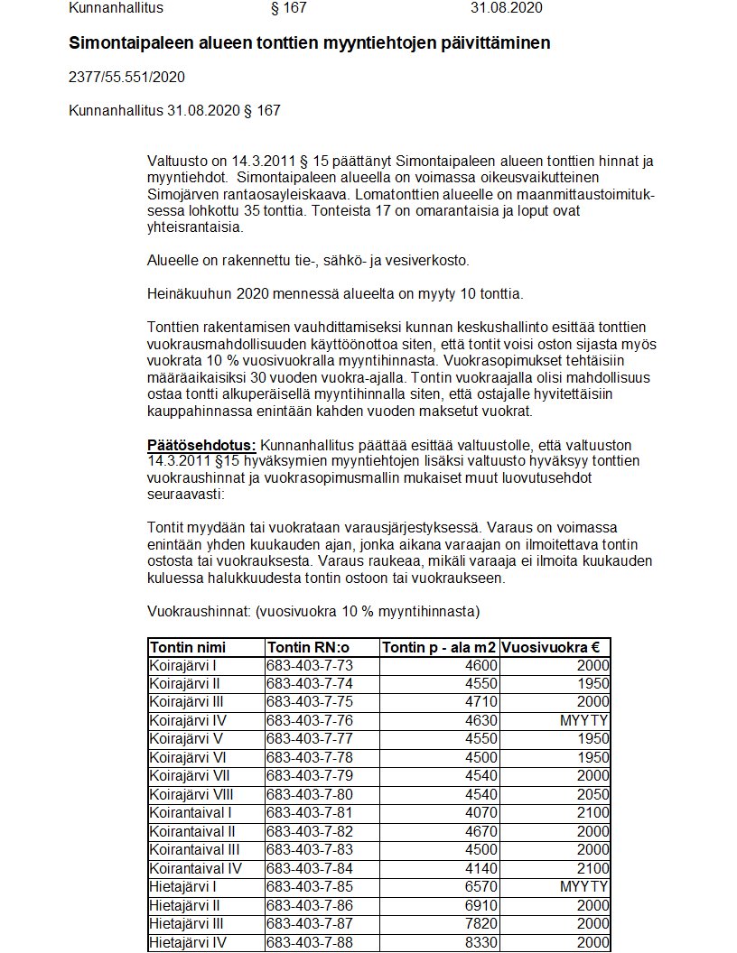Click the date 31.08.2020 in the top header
tap(507, 8)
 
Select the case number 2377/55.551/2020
tap(126, 78)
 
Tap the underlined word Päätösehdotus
tap(201, 446)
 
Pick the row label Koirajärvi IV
tap(189, 720)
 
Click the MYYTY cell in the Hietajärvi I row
tap(583, 886)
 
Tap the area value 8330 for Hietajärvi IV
tap(480, 942)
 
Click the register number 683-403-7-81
tap(310, 812)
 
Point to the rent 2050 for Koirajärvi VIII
tap(592, 794)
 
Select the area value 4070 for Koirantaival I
tap(480, 812)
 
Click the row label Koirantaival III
tap(194, 849)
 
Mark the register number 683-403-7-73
tap(310, 665)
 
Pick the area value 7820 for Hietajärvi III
tap(480, 923)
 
